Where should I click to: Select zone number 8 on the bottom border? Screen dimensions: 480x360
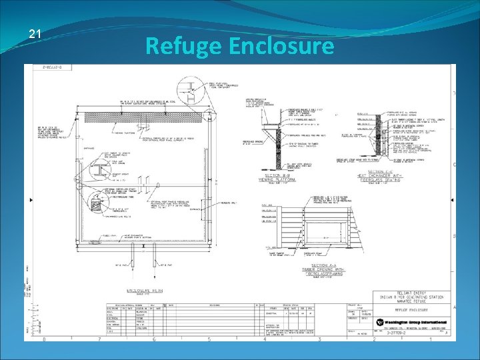pos(45,340)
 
